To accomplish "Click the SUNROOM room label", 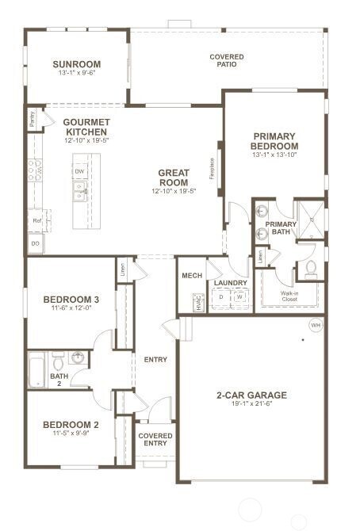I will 77,64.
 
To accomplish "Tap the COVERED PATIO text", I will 226,61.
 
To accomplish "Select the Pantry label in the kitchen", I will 32,119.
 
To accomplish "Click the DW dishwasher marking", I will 79,170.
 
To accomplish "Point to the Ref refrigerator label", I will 36,220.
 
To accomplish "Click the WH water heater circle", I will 315,325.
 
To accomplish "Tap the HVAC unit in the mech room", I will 197,302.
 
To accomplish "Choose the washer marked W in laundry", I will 239,299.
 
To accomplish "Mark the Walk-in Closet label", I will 289,296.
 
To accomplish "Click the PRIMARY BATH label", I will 281,229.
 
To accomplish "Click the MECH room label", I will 192,276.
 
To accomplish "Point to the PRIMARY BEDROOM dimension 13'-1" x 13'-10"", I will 274,155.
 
